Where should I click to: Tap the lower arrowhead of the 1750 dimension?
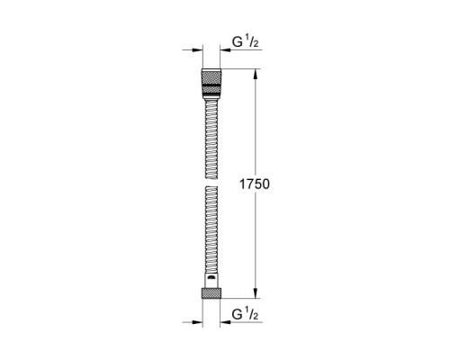pos(256,293)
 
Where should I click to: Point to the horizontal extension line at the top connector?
pos(240,70)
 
